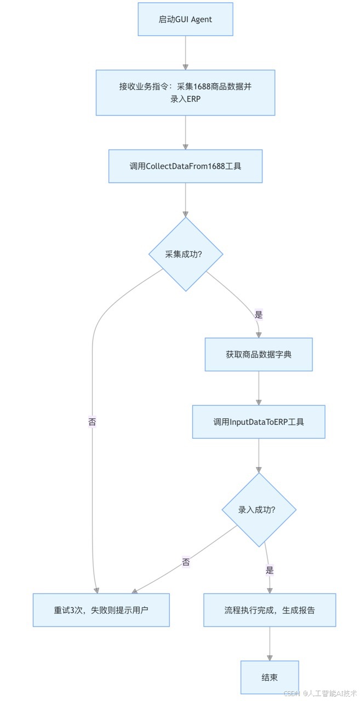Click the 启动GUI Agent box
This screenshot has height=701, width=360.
pos(185,19)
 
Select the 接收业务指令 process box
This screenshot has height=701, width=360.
pos(185,93)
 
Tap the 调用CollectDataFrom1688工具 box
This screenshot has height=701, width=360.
pos(185,166)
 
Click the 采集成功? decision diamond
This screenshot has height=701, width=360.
pos(186,254)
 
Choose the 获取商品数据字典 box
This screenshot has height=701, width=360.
pos(259,354)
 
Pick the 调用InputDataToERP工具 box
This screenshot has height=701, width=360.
pos(259,422)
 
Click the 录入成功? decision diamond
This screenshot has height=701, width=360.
pos(259,510)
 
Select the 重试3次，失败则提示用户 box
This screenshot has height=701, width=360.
pos(101,610)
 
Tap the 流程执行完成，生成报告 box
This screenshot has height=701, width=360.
pos(270,610)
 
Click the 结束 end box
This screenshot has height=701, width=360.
pos(270,677)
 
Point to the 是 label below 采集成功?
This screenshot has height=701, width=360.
pos(259,315)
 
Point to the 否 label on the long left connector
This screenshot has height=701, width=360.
pos(92,422)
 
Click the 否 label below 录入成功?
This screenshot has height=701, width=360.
pos(186,562)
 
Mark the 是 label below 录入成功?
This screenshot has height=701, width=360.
pos(269,570)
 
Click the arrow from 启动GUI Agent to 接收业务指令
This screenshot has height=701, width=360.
pos(185,53)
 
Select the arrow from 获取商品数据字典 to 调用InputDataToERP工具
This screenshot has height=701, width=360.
pos(259,388)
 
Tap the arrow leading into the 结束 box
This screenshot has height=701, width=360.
pos(270,644)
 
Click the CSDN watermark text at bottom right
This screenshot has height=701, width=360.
pos(321,693)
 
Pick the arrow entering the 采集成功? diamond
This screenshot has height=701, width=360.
pos(185,200)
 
